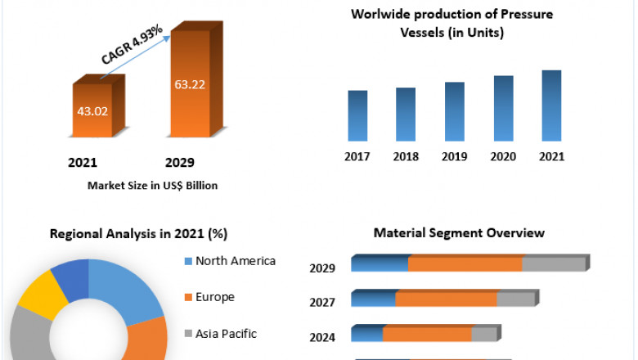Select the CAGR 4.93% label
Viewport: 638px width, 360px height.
(133, 47)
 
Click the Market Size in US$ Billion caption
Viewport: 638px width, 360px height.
(153, 186)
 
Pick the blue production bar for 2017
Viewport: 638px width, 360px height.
(357, 115)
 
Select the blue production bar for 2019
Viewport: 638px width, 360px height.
(455, 111)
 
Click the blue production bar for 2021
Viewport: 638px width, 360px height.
(551, 106)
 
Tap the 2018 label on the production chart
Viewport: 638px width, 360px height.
(406, 155)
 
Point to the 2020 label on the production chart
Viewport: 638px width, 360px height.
(503, 155)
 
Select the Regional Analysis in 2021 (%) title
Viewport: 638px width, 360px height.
(138, 233)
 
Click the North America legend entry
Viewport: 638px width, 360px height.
(230, 261)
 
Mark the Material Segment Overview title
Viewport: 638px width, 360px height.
(459, 233)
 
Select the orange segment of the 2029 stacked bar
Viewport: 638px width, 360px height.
(465, 264)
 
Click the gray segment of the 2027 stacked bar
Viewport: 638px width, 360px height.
(515, 299)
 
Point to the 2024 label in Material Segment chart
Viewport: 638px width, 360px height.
(322, 336)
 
